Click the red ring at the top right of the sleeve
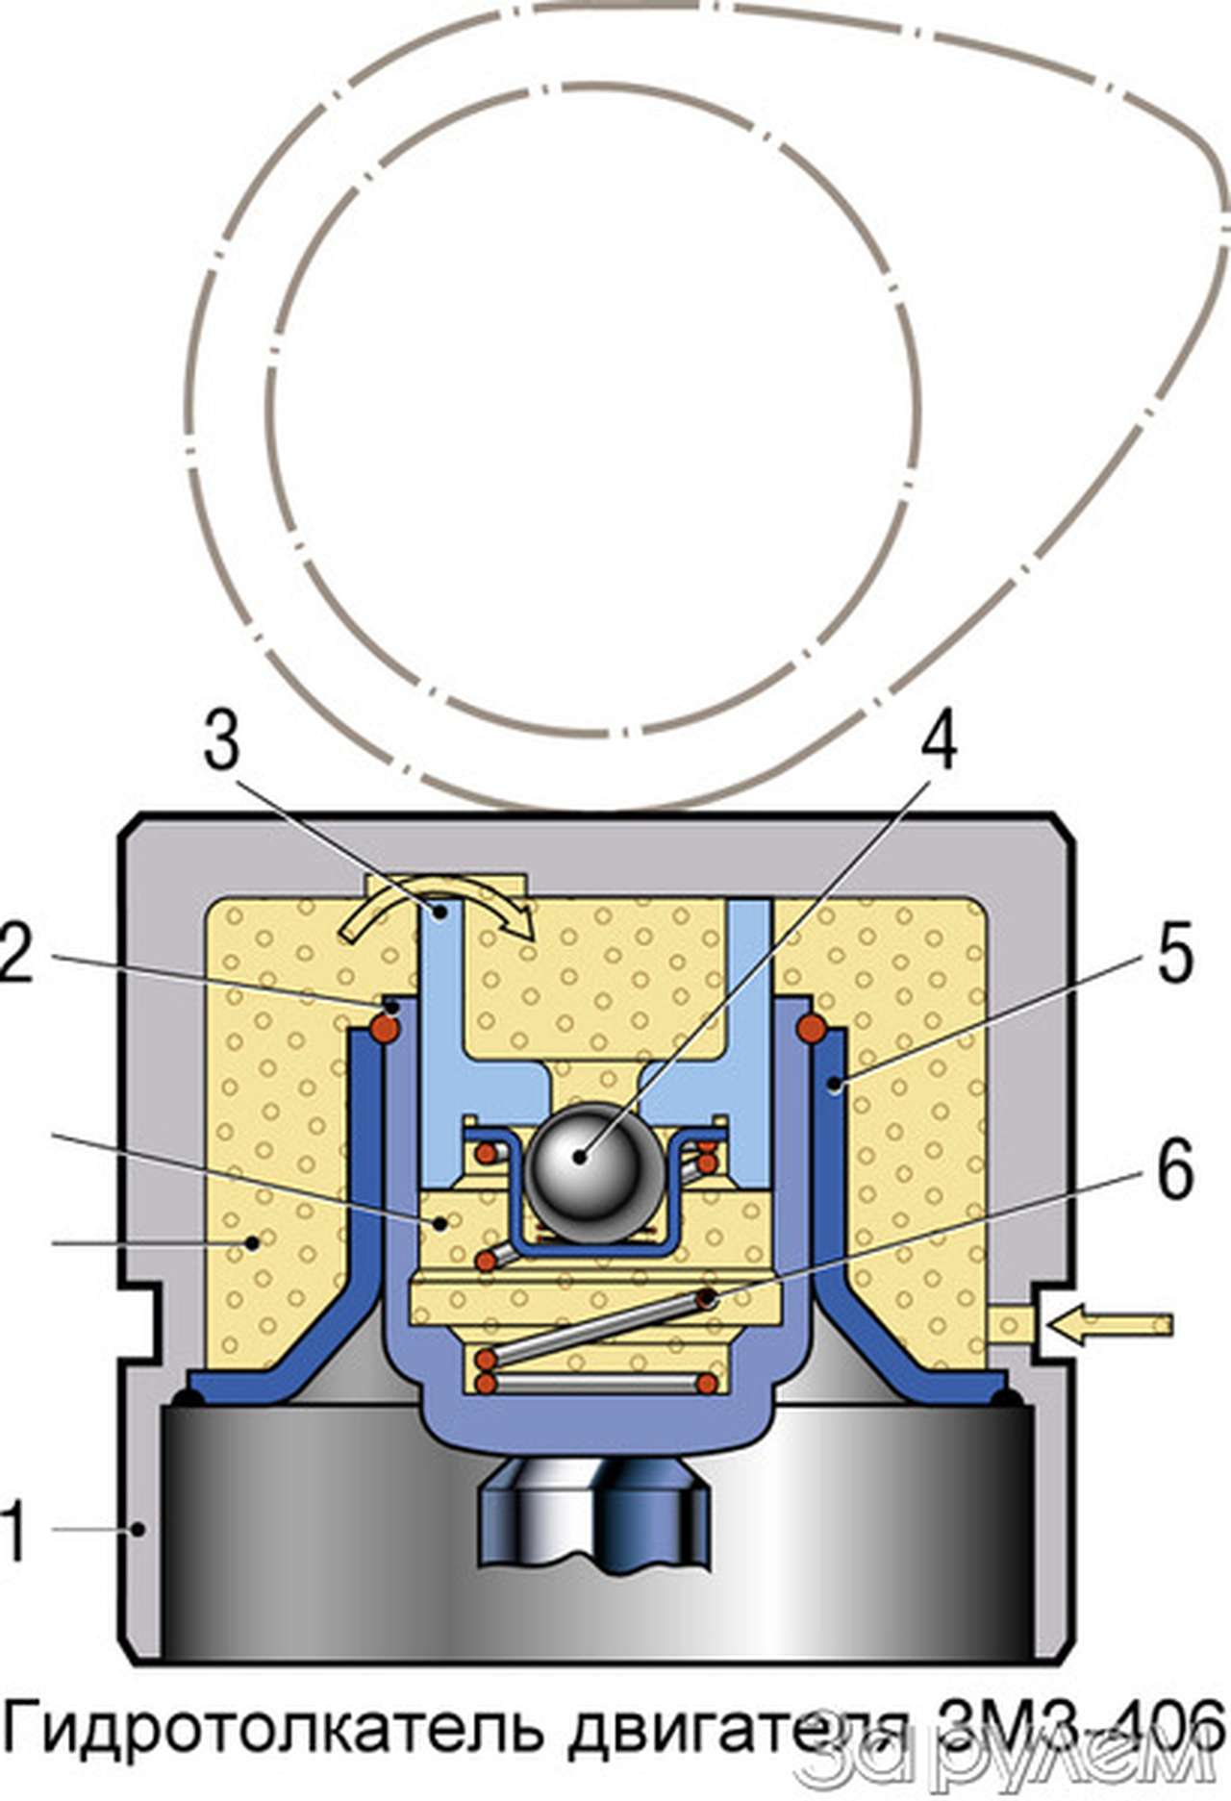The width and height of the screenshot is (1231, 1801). (x=811, y=1028)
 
